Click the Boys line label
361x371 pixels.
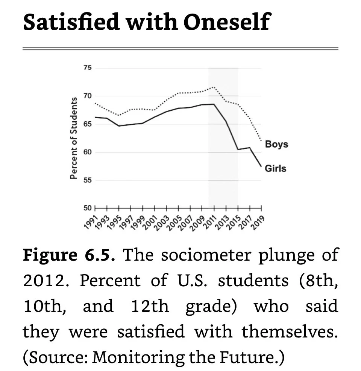[276, 144]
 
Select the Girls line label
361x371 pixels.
[275, 168]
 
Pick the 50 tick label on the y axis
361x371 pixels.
[87, 208]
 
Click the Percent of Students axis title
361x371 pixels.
[74, 138]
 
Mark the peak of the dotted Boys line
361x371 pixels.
[214, 87]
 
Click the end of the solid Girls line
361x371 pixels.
[261, 166]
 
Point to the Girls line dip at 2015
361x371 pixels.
[238, 150]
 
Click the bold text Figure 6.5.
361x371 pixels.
[68, 255]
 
